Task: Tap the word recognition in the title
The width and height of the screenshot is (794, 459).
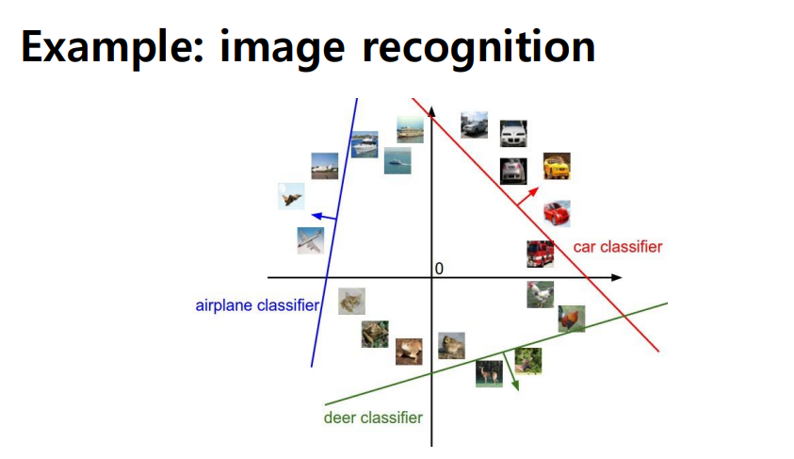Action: (x=478, y=49)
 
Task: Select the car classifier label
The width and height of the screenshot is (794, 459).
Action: (x=618, y=247)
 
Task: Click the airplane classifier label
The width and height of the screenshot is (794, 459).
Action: (x=257, y=305)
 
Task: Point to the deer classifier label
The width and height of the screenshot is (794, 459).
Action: (x=373, y=418)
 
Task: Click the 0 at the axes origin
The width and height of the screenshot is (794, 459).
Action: (x=439, y=269)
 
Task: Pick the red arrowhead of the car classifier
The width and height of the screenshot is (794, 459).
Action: (x=533, y=192)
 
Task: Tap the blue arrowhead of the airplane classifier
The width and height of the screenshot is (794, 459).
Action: (x=317, y=217)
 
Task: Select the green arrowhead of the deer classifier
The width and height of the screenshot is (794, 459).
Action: (x=515, y=385)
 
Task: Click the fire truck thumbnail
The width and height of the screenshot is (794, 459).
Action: (x=541, y=254)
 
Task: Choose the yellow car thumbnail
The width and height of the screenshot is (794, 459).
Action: (x=557, y=166)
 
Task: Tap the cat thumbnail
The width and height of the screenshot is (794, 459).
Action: (x=351, y=301)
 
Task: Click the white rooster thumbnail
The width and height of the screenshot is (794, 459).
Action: (x=541, y=294)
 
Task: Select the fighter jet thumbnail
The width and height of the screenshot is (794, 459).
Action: (x=291, y=196)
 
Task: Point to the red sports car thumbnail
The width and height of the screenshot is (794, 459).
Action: (x=557, y=213)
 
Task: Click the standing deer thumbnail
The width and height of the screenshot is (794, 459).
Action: (x=489, y=374)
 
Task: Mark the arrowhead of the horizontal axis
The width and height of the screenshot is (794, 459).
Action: (x=616, y=277)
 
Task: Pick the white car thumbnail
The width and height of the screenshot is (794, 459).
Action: (x=513, y=134)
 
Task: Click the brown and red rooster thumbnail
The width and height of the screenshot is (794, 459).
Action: (x=572, y=319)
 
